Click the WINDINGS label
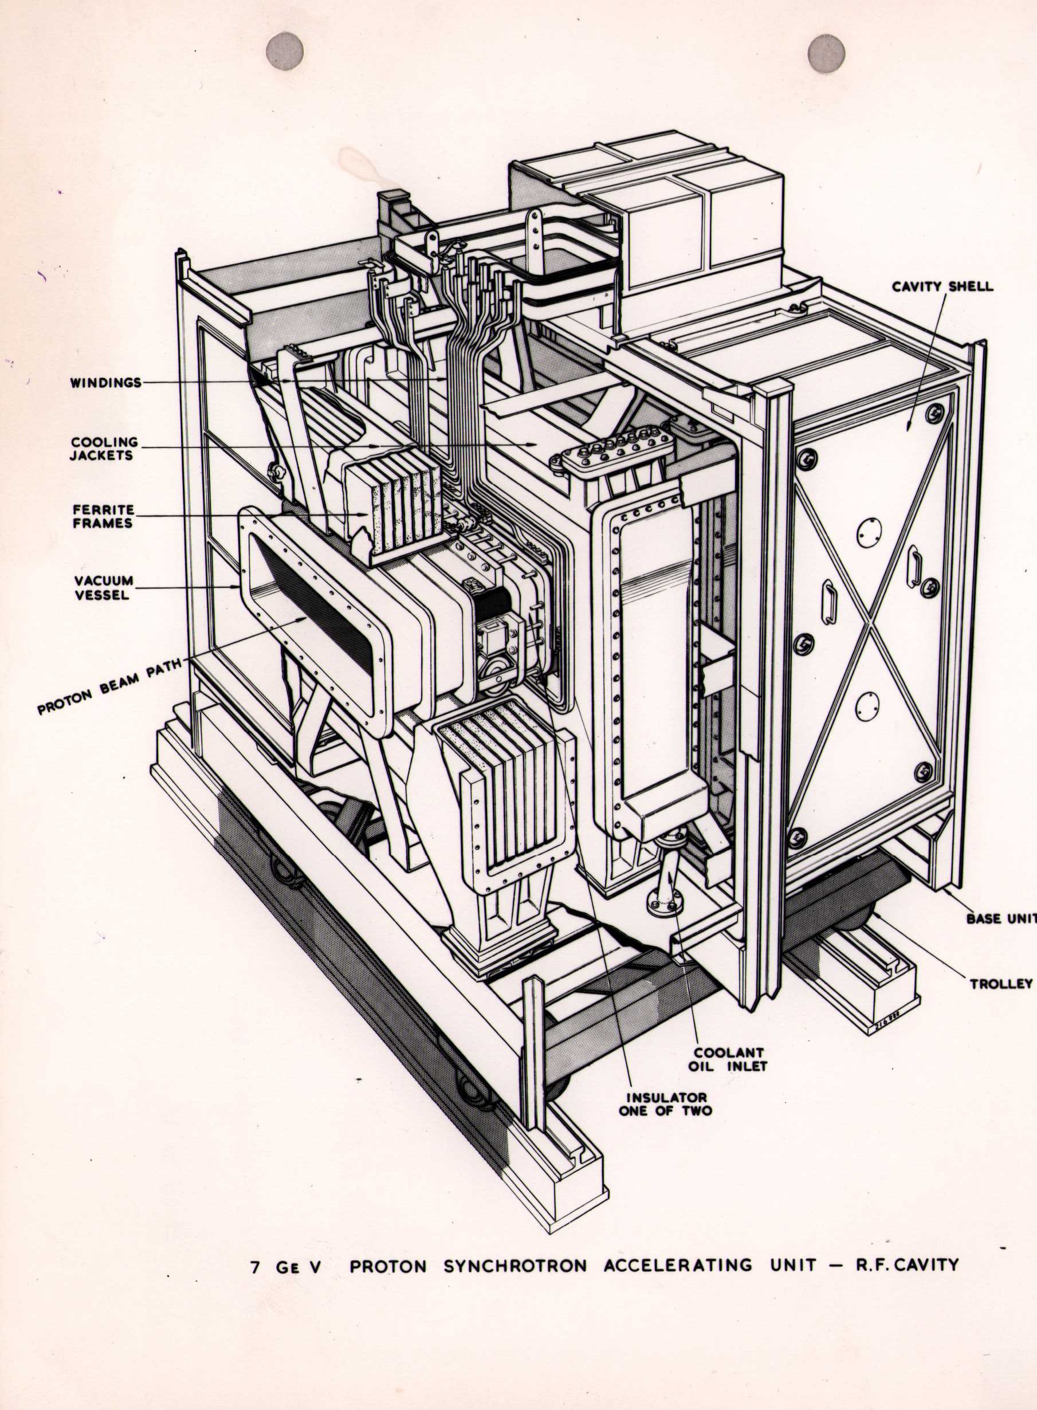(105, 382)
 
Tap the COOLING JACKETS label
(103, 448)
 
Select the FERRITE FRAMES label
(103, 516)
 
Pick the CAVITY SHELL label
(942, 287)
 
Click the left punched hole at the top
(284, 51)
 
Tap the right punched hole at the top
(827, 53)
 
